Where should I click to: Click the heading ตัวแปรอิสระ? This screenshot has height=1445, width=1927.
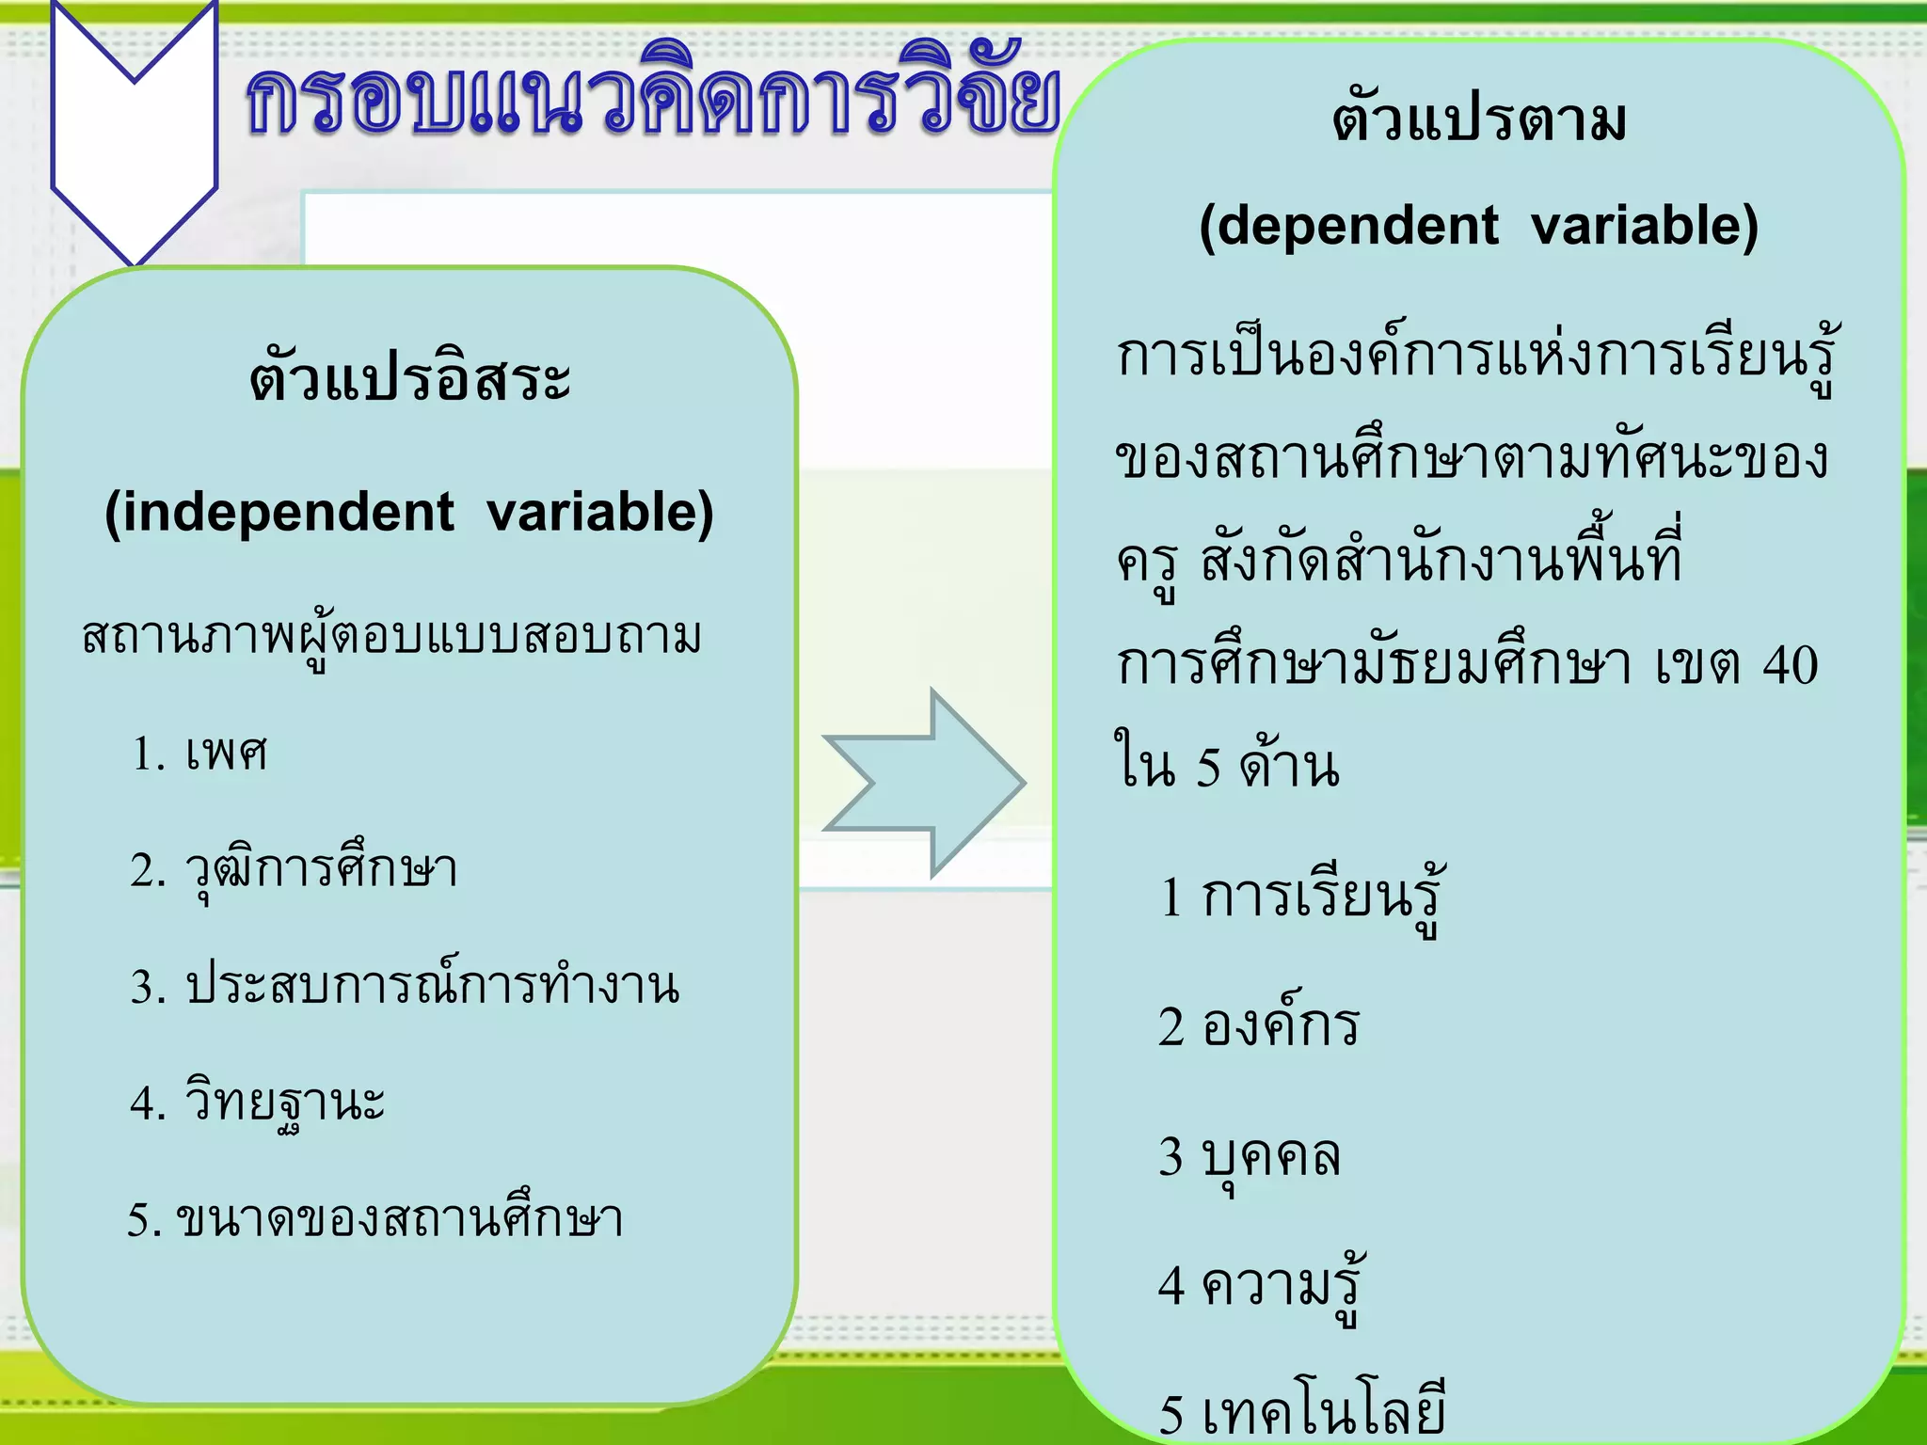tap(410, 379)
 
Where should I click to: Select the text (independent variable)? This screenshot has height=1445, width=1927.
tap(409, 513)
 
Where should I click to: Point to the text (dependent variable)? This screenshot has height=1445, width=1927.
tap(1478, 227)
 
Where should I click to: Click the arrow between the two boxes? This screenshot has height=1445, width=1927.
tap(924, 783)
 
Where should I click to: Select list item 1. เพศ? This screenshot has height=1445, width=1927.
tap(199, 754)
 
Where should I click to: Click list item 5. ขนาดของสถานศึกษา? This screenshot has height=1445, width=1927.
tap(374, 1219)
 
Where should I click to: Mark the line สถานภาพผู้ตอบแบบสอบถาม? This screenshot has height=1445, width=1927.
tap(391, 638)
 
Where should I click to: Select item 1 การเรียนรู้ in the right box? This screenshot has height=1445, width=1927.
tap(1300, 897)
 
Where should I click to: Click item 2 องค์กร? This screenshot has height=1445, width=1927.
tap(1259, 1025)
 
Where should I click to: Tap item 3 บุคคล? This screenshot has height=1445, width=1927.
tap(1250, 1156)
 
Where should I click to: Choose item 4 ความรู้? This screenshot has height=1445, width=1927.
tap(1261, 1286)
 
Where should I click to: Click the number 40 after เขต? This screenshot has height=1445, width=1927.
tap(1790, 665)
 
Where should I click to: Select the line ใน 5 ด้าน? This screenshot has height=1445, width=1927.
tap(1227, 766)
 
